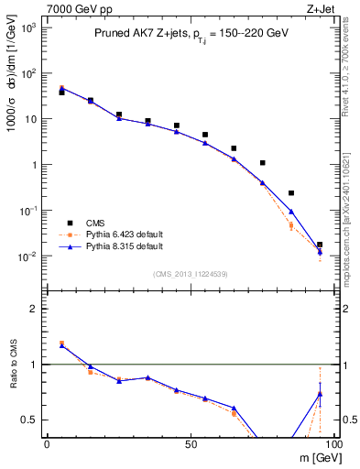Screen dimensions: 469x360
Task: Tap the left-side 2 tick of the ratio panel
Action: click(x=34, y=309)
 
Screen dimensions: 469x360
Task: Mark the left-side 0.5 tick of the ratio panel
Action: click(x=31, y=420)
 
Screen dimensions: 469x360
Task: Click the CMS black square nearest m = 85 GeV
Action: click(x=291, y=193)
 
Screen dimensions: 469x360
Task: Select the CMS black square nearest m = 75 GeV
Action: click(x=262, y=163)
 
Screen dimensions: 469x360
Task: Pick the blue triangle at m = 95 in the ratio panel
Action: click(x=320, y=395)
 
